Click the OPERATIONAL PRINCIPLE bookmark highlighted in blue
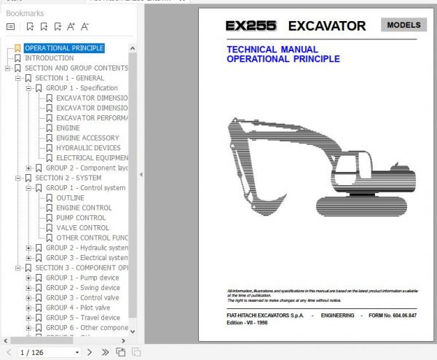click(64, 48)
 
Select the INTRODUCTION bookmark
click(49, 58)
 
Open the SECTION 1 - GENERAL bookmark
click(69, 78)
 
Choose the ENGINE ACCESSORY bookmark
click(87, 138)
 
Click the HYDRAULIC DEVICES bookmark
click(88, 148)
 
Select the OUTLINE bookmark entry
click(70, 197)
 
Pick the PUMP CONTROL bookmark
click(81, 217)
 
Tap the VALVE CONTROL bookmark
click(82, 227)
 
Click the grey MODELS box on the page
click(403, 25)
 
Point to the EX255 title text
click(251, 26)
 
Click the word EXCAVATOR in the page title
click(327, 26)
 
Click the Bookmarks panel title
click(25, 13)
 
